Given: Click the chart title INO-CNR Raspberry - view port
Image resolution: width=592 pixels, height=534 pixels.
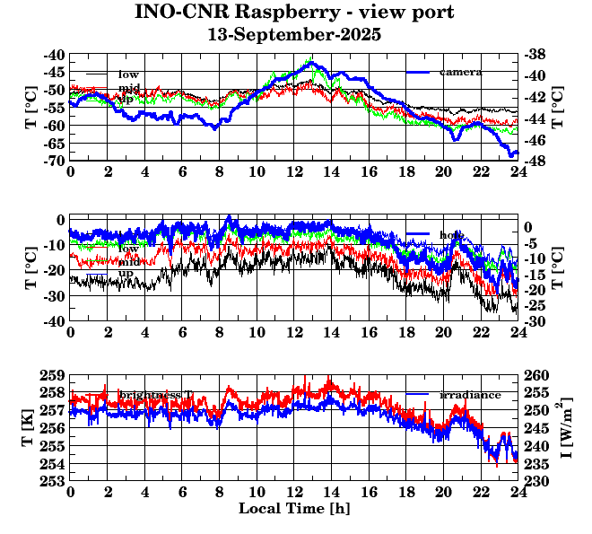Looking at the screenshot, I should point(294,13).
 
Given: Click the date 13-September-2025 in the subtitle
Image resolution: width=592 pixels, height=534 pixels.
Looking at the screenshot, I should point(294,35).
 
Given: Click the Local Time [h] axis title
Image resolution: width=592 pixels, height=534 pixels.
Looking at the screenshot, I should point(294,508).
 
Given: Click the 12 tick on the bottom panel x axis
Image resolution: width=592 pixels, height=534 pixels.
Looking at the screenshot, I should point(294,492).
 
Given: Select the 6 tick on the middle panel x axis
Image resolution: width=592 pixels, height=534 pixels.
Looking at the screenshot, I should point(182,332).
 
